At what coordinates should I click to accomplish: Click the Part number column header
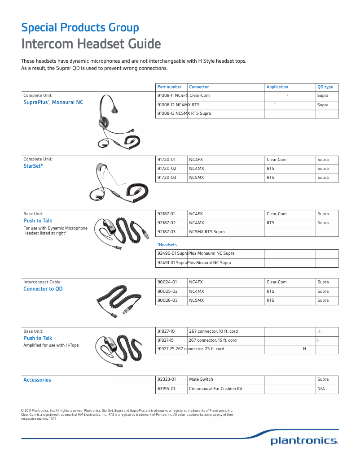click(x=169, y=87)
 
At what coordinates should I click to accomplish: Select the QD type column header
click(x=325, y=87)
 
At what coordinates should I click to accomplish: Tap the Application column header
click(x=277, y=87)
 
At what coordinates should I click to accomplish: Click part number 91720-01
click(x=167, y=160)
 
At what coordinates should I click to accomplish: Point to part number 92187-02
click(x=167, y=223)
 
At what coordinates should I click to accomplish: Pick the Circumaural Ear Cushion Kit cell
click(x=216, y=389)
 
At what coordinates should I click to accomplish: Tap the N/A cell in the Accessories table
click(x=321, y=389)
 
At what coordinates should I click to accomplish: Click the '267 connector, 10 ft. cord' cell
click(x=214, y=331)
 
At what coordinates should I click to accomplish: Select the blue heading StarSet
click(x=33, y=166)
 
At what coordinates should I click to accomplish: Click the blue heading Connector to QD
click(x=43, y=289)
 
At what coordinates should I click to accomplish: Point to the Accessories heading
click(x=37, y=380)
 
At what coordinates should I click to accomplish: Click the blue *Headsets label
click(x=167, y=245)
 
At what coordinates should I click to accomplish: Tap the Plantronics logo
click(x=304, y=441)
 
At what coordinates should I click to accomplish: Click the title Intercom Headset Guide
click(x=91, y=44)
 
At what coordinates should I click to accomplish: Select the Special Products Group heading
click(x=80, y=28)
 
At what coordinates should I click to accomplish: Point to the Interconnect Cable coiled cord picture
click(x=119, y=298)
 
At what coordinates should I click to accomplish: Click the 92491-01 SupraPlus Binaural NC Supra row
click(x=194, y=263)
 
